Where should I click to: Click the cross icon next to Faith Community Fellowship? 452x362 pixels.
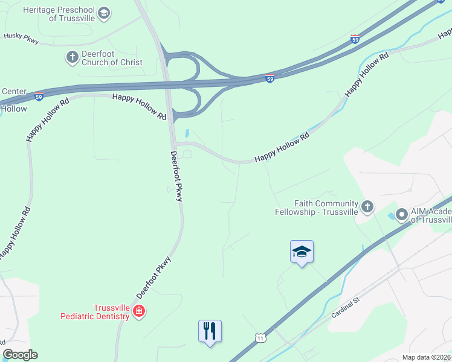coord(367,208)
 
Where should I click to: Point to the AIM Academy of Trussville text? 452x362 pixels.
coord(431,215)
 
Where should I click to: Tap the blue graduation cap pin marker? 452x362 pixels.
coord(302,252)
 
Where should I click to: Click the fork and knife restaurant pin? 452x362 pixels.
coord(210,331)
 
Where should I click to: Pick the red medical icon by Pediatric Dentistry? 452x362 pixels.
coord(139,311)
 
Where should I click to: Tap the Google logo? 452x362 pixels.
coord(20,355)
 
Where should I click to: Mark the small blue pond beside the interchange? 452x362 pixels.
coord(187,133)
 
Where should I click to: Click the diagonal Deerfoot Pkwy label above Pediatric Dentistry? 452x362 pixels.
coord(154,278)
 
